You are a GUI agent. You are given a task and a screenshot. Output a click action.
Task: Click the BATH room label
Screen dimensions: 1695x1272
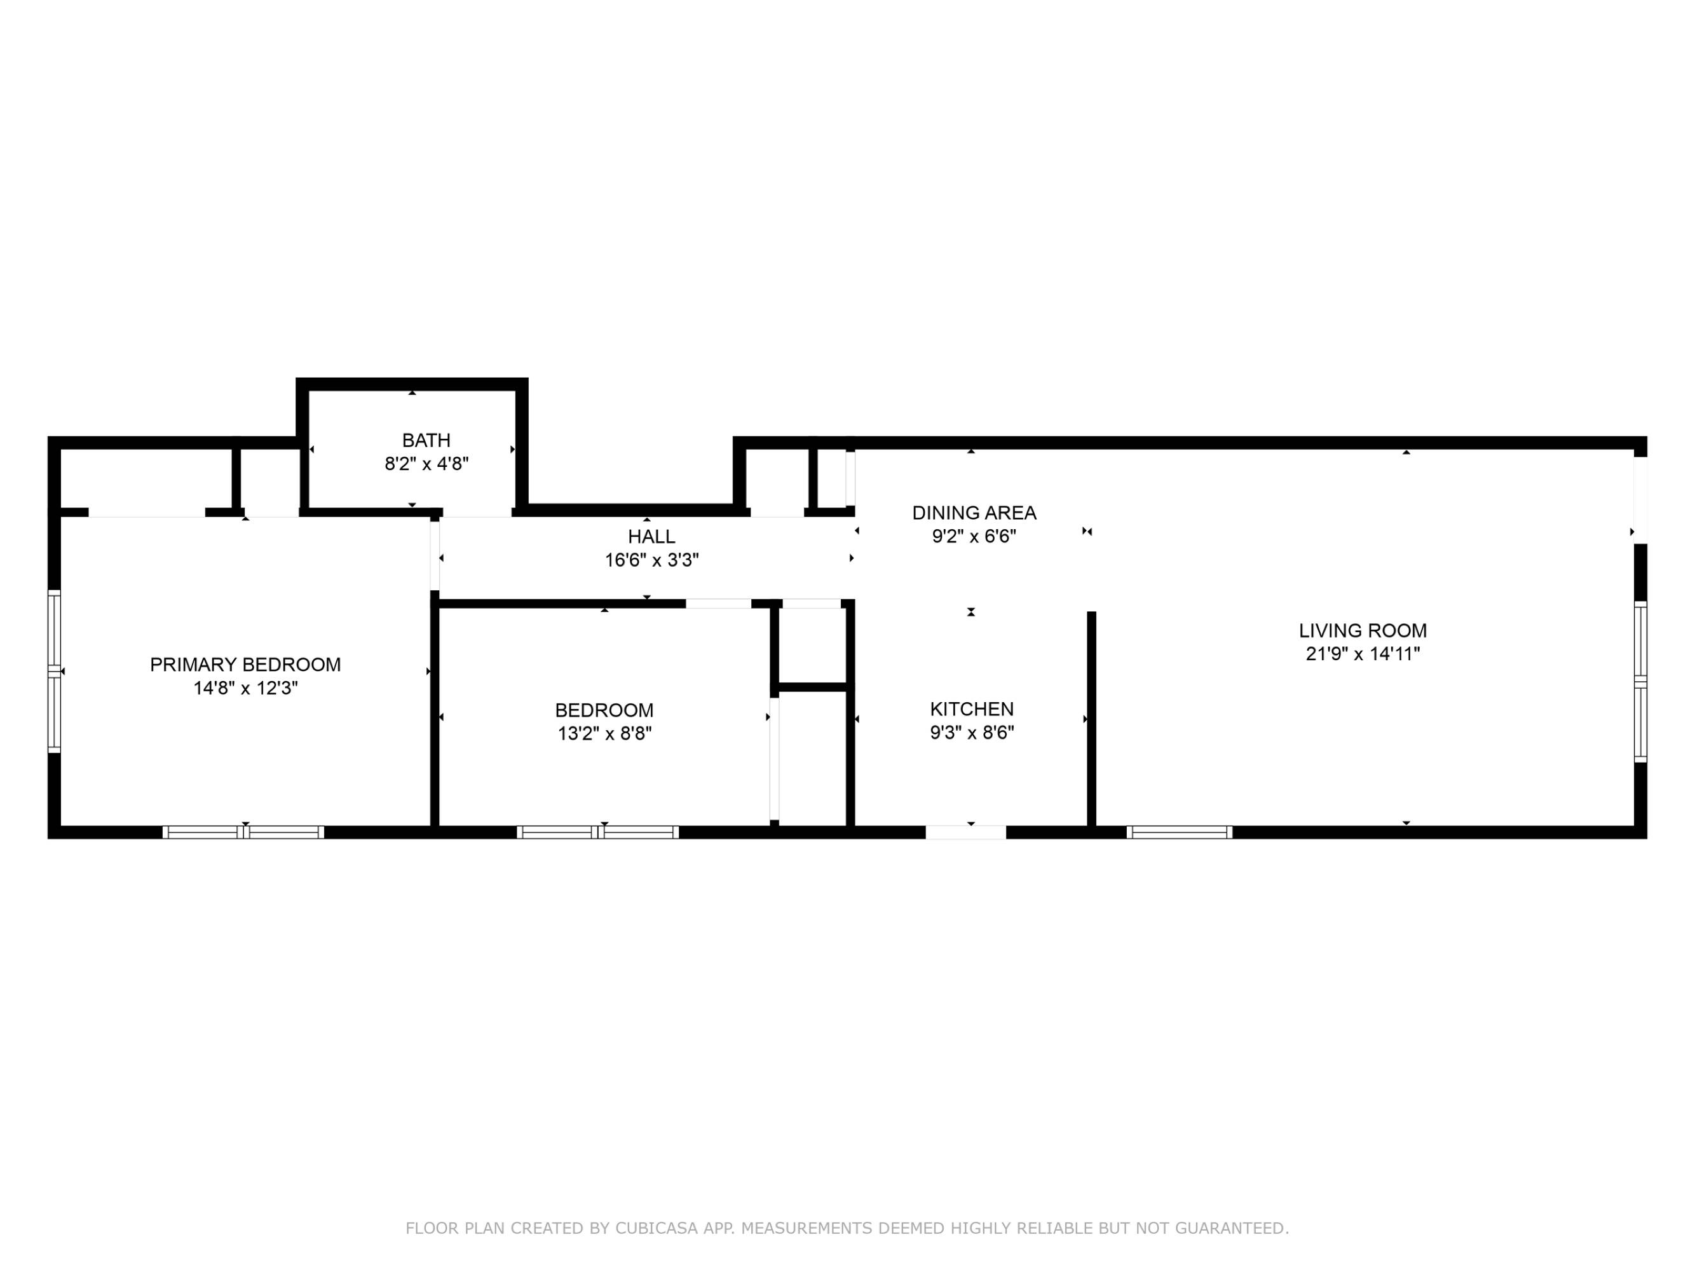click(x=426, y=440)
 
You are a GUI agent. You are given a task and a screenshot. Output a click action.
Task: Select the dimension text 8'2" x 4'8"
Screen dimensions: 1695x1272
click(x=426, y=464)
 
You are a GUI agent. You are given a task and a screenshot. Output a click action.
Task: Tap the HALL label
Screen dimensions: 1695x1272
click(x=651, y=537)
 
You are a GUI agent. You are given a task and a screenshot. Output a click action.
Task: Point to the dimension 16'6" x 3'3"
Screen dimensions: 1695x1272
click(x=651, y=560)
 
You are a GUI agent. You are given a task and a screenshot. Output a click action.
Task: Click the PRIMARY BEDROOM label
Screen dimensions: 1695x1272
click(x=245, y=665)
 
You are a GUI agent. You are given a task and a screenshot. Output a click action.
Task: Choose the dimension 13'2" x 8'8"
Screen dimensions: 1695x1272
click(x=604, y=734)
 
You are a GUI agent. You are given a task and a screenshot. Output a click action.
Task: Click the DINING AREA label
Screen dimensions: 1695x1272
click(x=974, y=513)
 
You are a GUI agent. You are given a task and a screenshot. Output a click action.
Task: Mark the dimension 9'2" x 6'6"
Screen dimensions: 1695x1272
click(x=974, y=537)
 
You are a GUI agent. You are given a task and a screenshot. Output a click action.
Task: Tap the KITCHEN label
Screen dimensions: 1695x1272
click(x=972, y=709)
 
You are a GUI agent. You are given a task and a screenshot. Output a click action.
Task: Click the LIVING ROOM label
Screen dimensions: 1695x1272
click(x=1363, y=631)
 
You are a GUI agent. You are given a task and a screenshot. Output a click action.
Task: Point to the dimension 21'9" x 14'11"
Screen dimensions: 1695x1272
click(x=1363, y=654)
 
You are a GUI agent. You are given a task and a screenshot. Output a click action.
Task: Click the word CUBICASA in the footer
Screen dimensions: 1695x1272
click(x=657, y=1228)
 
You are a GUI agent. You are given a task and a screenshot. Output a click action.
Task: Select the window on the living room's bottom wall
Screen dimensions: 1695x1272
click(x=1180, y=833)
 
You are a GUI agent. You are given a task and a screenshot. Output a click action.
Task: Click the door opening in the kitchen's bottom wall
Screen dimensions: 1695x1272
click(x=965, y=833)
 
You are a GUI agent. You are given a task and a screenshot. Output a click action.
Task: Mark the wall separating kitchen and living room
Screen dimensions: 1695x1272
click(x=1092, y=721)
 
